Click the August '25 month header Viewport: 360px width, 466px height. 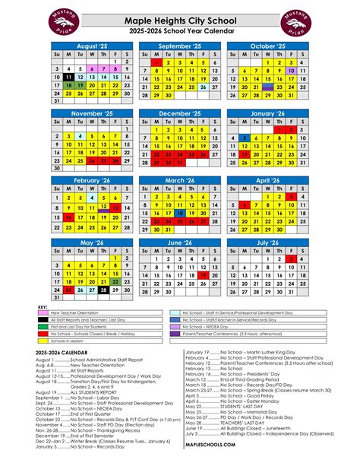pyautogui.click(x=93, y=47)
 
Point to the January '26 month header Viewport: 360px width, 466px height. pyautogui.click(x=269, y=114)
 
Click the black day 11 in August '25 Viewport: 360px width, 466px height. pyautogui.click(x=69, y=77)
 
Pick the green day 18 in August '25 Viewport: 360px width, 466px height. pyautogui.click(x=69, y=85)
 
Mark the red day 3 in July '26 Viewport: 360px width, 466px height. pyautogui.click(x=292, y=259)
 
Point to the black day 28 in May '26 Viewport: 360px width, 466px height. pyautogui.click(x=103, y=290)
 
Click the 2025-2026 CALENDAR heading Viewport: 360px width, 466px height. pyautogui.click(x=60, y=353)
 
